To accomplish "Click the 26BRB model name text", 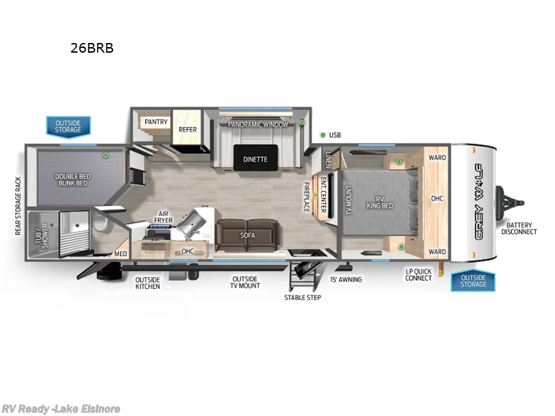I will point(91,49).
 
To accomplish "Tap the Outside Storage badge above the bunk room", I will point(68,126).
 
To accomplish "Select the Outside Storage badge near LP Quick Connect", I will point(473,280).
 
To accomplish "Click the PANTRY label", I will point(156,122).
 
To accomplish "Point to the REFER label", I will point(187,129).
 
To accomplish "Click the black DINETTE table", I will point(255,158).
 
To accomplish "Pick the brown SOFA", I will point(248,235).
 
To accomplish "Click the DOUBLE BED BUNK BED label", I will point(71,180).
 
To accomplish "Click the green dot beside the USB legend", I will point(323,135).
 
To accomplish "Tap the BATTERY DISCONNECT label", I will point(520,228).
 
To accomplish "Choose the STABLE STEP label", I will point(302,297).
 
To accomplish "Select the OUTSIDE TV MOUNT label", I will point(246,282).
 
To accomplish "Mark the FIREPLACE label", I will point(307,197).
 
